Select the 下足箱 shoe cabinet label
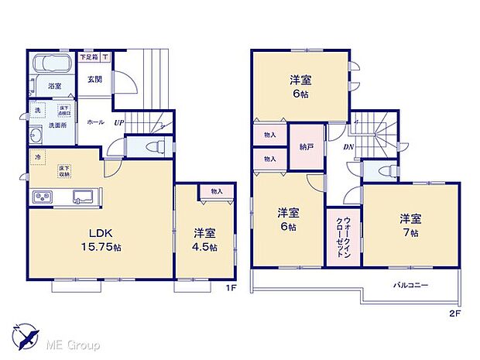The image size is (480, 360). [x=90, y=56]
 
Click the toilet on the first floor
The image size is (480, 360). [x=153, y=146]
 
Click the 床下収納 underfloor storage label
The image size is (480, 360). [x=64, y=171]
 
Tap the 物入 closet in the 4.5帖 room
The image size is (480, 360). [x=217, y=191]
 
